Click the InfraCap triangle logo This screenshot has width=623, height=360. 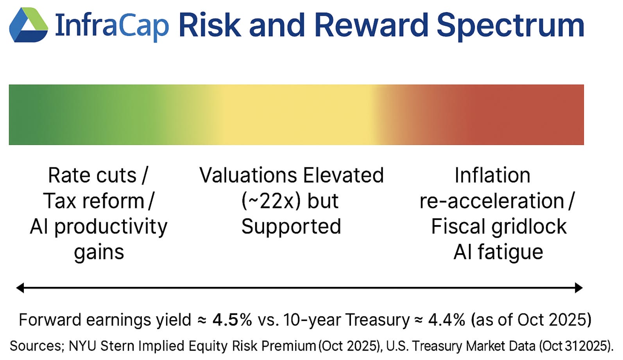click(x=29, y=25)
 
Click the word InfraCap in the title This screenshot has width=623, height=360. click(x=112, y=25)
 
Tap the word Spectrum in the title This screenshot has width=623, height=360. click(x=511, y=25)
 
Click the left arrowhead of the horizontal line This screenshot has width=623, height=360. click(x=20, y=288)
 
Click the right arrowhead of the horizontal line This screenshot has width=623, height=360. click(x=579, y=288)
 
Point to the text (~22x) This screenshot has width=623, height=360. click(x=271, y=201)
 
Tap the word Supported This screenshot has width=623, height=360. click(x=291, y=227)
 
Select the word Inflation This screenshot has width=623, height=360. click(x=492, y=175)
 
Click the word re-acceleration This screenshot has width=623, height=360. click(x=492, y=201)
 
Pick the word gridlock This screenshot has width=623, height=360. click(x=529, y=227)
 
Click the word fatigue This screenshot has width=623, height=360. click(x=510, y=253)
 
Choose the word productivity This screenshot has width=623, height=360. click(x=111, y=227)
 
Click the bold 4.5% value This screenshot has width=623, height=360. click(x=232, y=320)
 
